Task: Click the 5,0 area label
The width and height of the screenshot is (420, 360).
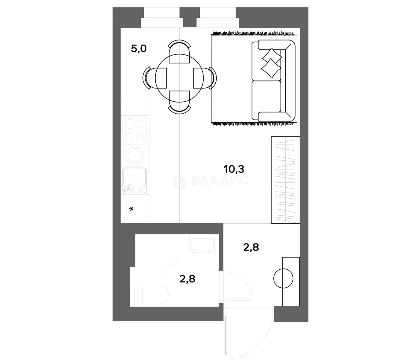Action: pyautogui.click(x=139, y=49)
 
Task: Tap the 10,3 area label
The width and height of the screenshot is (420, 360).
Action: pyautogui.click(x=234, y=169)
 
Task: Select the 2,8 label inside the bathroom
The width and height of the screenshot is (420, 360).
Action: pyautogui.click(x=187, y=279)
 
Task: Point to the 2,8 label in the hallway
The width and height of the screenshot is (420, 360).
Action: pyautogui.click(x=251, y=247)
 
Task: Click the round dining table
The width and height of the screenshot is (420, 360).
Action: pyautogui.click(x=180, y=78)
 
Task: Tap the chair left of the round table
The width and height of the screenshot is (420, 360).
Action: pyautogui.click(x=155, y=78)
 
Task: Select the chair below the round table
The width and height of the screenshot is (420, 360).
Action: pyautogui.click(x=180, y=102)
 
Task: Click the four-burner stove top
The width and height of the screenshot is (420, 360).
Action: pyautogui.click(x=135, y=129)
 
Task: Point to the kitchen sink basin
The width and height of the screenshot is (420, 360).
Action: pyautogui.click(x=135, y=180)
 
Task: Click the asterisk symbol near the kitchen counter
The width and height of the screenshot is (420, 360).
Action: pyautogui.click(x=132, y=209)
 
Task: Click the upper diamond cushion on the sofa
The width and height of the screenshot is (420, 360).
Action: pyautogui.click(x=272, y=55)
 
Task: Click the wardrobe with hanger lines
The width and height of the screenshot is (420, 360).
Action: pyautogui.click(x=285, y=180)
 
